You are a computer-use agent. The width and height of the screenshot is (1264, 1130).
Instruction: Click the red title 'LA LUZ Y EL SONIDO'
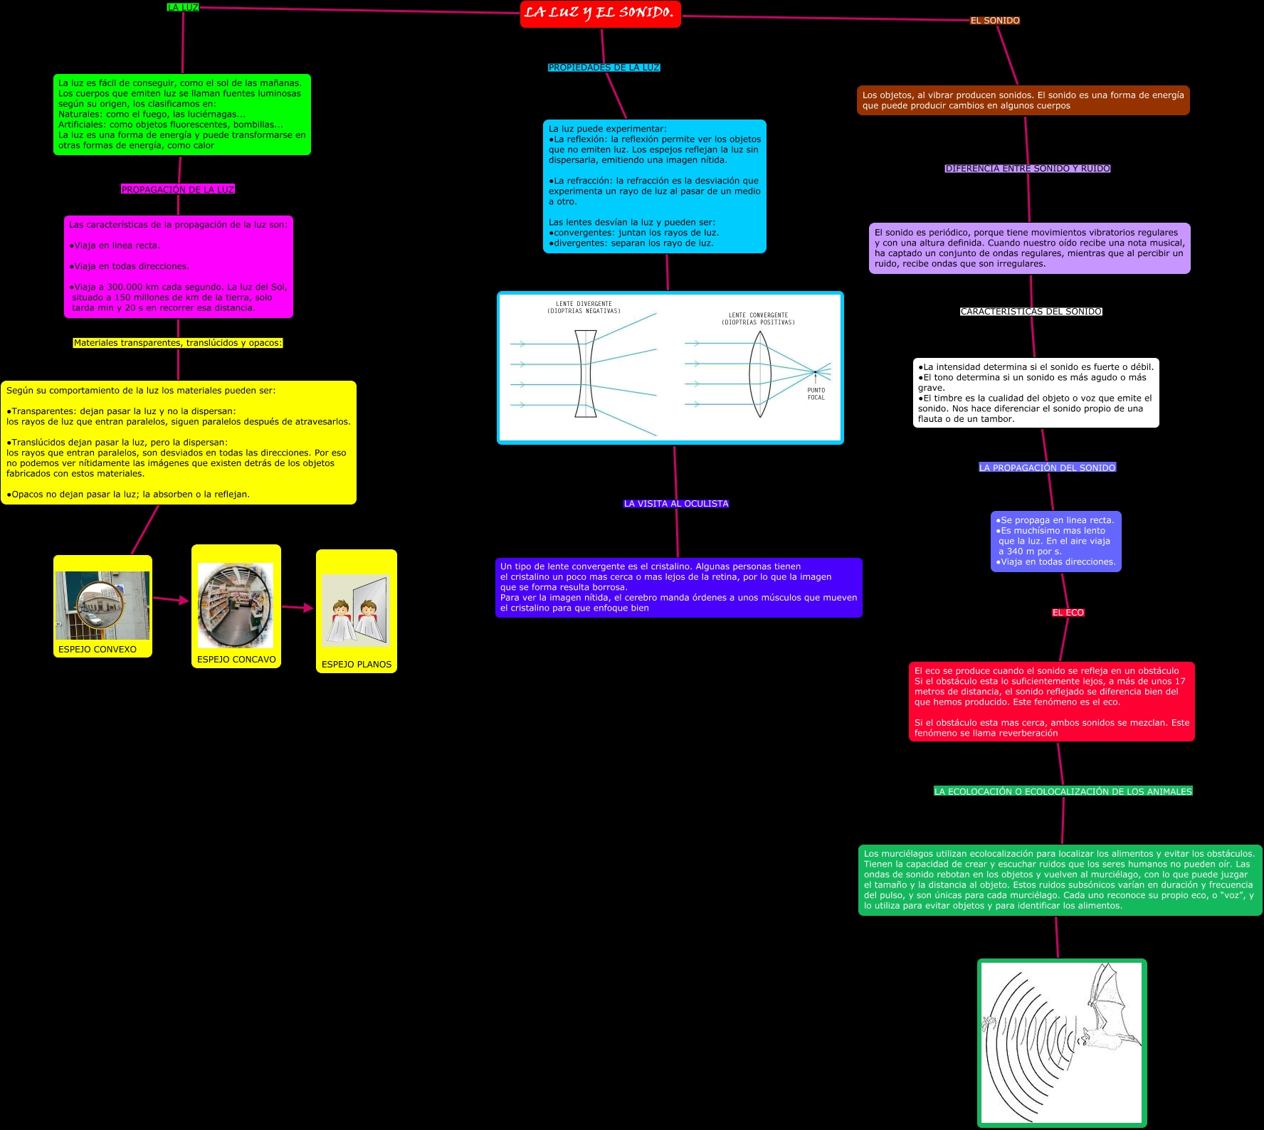600,14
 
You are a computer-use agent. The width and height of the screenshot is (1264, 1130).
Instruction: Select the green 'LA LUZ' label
183,8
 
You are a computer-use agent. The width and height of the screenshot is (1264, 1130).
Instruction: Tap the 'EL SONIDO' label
995,21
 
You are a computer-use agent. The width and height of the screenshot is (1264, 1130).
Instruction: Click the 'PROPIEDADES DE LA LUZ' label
604,68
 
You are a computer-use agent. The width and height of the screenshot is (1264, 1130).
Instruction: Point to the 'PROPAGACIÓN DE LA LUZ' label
178,189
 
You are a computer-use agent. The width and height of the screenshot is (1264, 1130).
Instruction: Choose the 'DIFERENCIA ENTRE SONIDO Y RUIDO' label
1028,169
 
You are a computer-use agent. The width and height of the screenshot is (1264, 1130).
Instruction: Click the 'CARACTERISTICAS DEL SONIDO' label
1031,312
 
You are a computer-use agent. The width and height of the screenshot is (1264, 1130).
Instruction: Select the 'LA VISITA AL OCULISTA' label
676,504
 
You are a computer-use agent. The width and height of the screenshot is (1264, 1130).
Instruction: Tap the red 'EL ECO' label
1068,613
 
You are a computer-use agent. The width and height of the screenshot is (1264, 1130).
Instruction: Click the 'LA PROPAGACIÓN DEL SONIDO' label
1047,468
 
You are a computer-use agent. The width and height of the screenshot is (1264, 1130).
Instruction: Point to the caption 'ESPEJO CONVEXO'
98,649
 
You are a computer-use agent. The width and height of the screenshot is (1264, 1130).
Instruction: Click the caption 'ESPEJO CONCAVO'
236,660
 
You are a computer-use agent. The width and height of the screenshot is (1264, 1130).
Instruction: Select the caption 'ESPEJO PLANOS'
357,665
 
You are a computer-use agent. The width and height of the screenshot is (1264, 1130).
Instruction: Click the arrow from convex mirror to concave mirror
171,600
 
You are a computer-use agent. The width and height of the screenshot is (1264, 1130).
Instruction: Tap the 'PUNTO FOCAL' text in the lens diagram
816,394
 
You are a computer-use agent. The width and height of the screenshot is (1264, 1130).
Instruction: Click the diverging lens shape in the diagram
585,374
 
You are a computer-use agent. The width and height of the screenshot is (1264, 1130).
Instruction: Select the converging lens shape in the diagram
760,374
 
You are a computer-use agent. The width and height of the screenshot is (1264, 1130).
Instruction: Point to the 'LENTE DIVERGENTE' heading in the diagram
584,304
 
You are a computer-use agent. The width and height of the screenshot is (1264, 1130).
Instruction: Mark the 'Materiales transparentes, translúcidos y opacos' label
178,343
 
